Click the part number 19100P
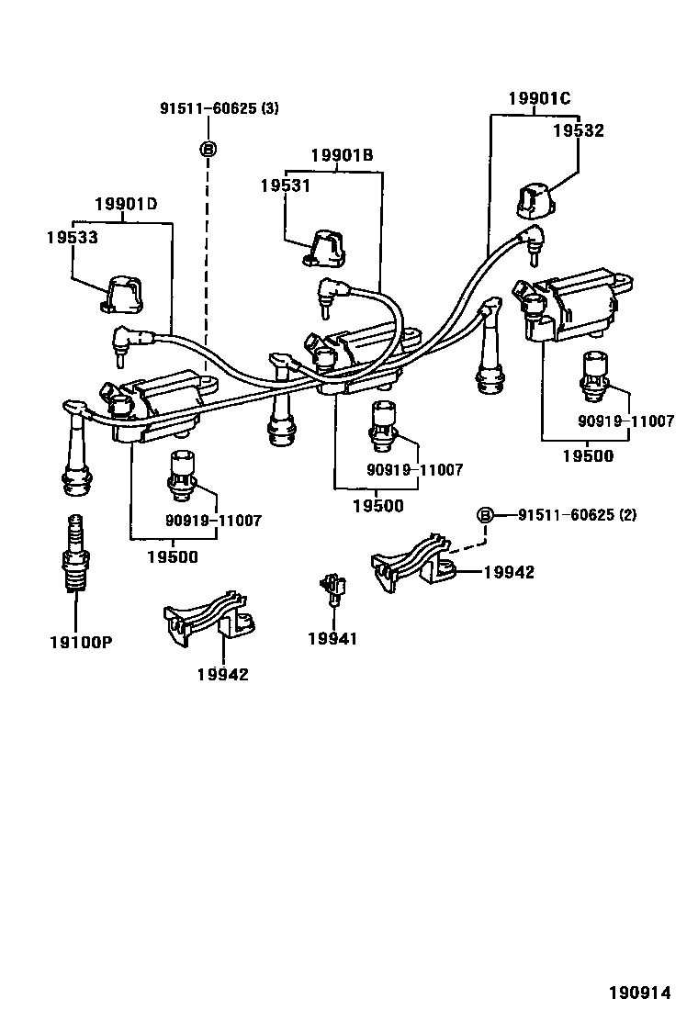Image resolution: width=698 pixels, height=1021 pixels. point(81,642)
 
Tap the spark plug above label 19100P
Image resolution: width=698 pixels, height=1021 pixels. point(74,555)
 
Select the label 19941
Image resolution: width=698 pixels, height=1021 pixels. point(332,639)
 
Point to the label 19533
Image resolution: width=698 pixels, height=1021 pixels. point(72,237)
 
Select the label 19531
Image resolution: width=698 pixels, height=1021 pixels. point(285,185)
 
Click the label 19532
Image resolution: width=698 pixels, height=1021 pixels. point(578,131)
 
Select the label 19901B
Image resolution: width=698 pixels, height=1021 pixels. point(341,155)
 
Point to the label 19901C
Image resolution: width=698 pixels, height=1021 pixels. point(539,98)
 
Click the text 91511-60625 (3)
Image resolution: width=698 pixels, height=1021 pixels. point(220,108)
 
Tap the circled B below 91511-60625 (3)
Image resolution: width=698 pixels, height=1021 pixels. point(208,148)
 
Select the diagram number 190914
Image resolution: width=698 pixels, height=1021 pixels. point(639,993)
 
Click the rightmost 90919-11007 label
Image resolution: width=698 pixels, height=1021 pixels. point(625,421)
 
